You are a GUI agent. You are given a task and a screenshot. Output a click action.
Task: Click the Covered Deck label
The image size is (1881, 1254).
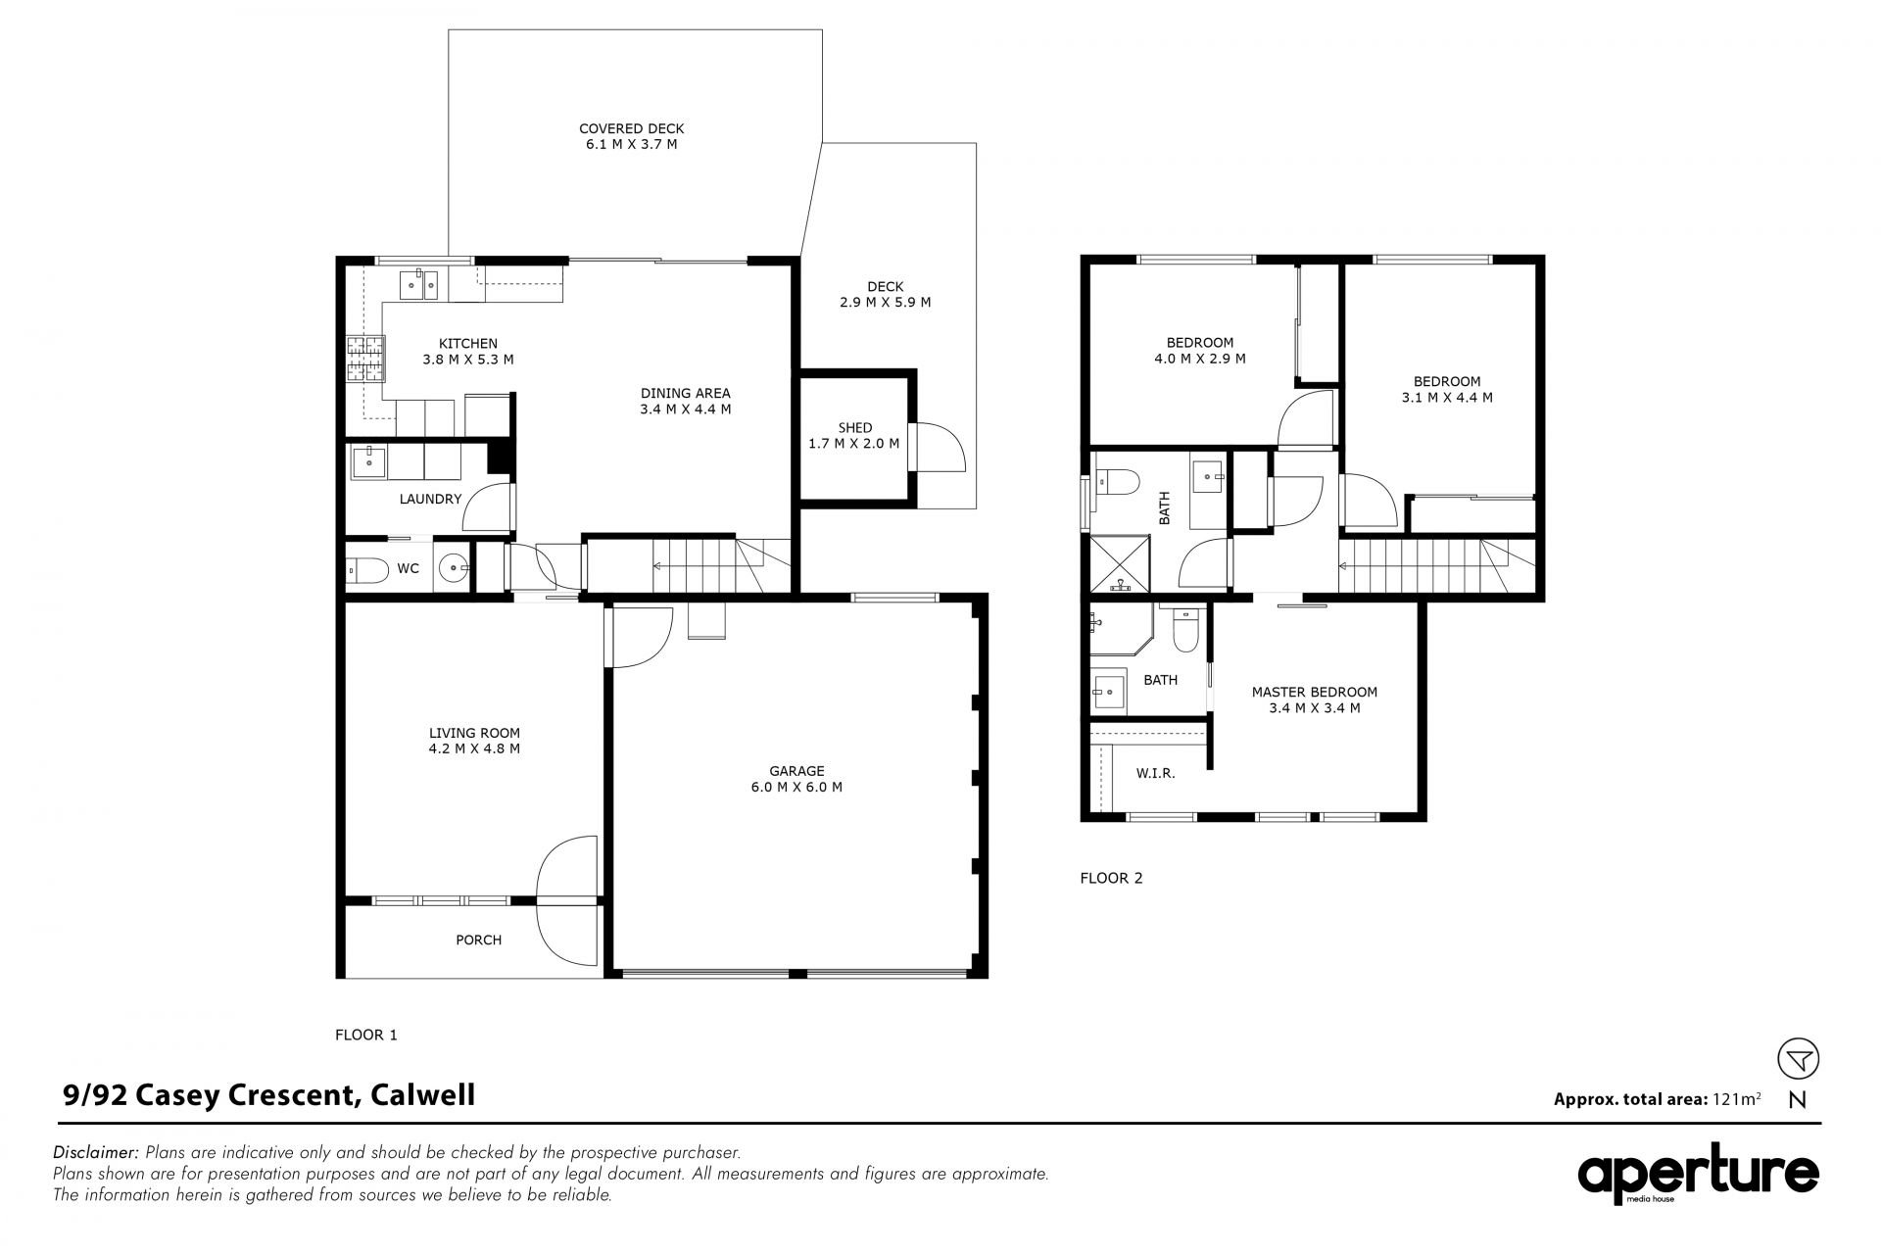[x=631, y=128]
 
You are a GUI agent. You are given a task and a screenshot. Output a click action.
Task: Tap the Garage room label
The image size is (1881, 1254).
[x=796, y=771]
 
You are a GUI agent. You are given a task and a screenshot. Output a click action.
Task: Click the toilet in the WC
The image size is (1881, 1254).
[x=367, y=569]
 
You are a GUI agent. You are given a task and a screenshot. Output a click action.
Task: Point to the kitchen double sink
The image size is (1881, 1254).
[x=419, y=284]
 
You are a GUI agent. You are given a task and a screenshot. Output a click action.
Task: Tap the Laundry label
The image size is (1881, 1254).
[x=430, y=499]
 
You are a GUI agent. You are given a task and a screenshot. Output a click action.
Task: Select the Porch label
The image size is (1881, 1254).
[x=478, y=940]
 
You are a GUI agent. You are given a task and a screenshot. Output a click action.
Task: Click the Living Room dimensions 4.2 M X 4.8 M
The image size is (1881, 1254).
[x=474, y=748]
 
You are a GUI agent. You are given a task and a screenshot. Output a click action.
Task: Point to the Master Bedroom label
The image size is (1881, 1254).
[x=1314, y=692]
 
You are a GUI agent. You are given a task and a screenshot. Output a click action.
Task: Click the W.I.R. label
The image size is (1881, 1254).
[x=1155, y=773]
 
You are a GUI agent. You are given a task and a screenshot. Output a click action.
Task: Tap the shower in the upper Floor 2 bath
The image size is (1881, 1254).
[x=1120, y=563]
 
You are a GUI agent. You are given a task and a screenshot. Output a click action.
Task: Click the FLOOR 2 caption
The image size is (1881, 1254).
[x=1111, y=878]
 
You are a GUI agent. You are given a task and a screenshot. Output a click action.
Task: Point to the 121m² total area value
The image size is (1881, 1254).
[x=1736, y=1098]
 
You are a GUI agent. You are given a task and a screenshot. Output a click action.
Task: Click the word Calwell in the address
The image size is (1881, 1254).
[x=422, y=1094]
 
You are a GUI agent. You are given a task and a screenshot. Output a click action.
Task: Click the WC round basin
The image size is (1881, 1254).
[x=453, y=567]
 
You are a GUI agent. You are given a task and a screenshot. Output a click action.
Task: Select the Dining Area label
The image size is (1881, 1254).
[x=685, y=393]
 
